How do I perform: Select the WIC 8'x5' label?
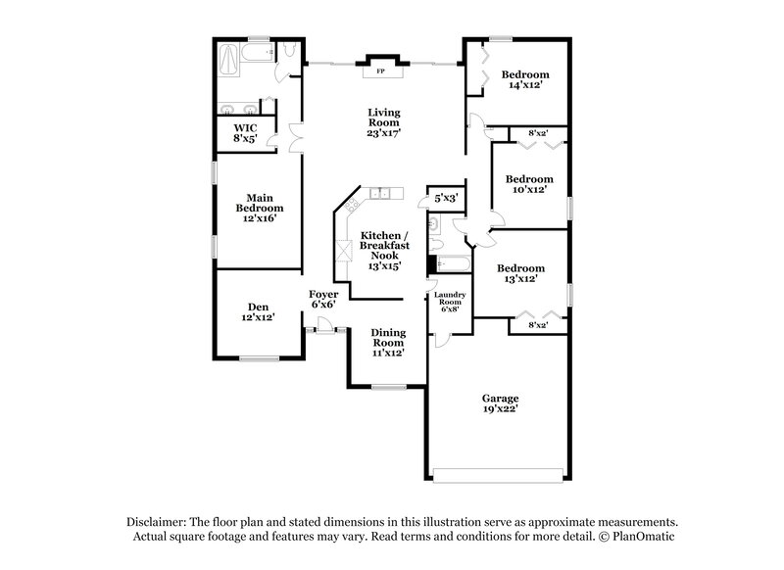[245, 133]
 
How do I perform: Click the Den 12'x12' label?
[258, 311]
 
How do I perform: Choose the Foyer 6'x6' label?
[323, 300]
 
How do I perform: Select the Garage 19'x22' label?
[500, 404]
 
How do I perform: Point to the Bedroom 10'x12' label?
[529, 184]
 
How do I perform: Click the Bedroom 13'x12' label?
[519, 273]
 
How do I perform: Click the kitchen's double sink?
[380, 193]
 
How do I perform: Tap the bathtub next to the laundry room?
[452, 262]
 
